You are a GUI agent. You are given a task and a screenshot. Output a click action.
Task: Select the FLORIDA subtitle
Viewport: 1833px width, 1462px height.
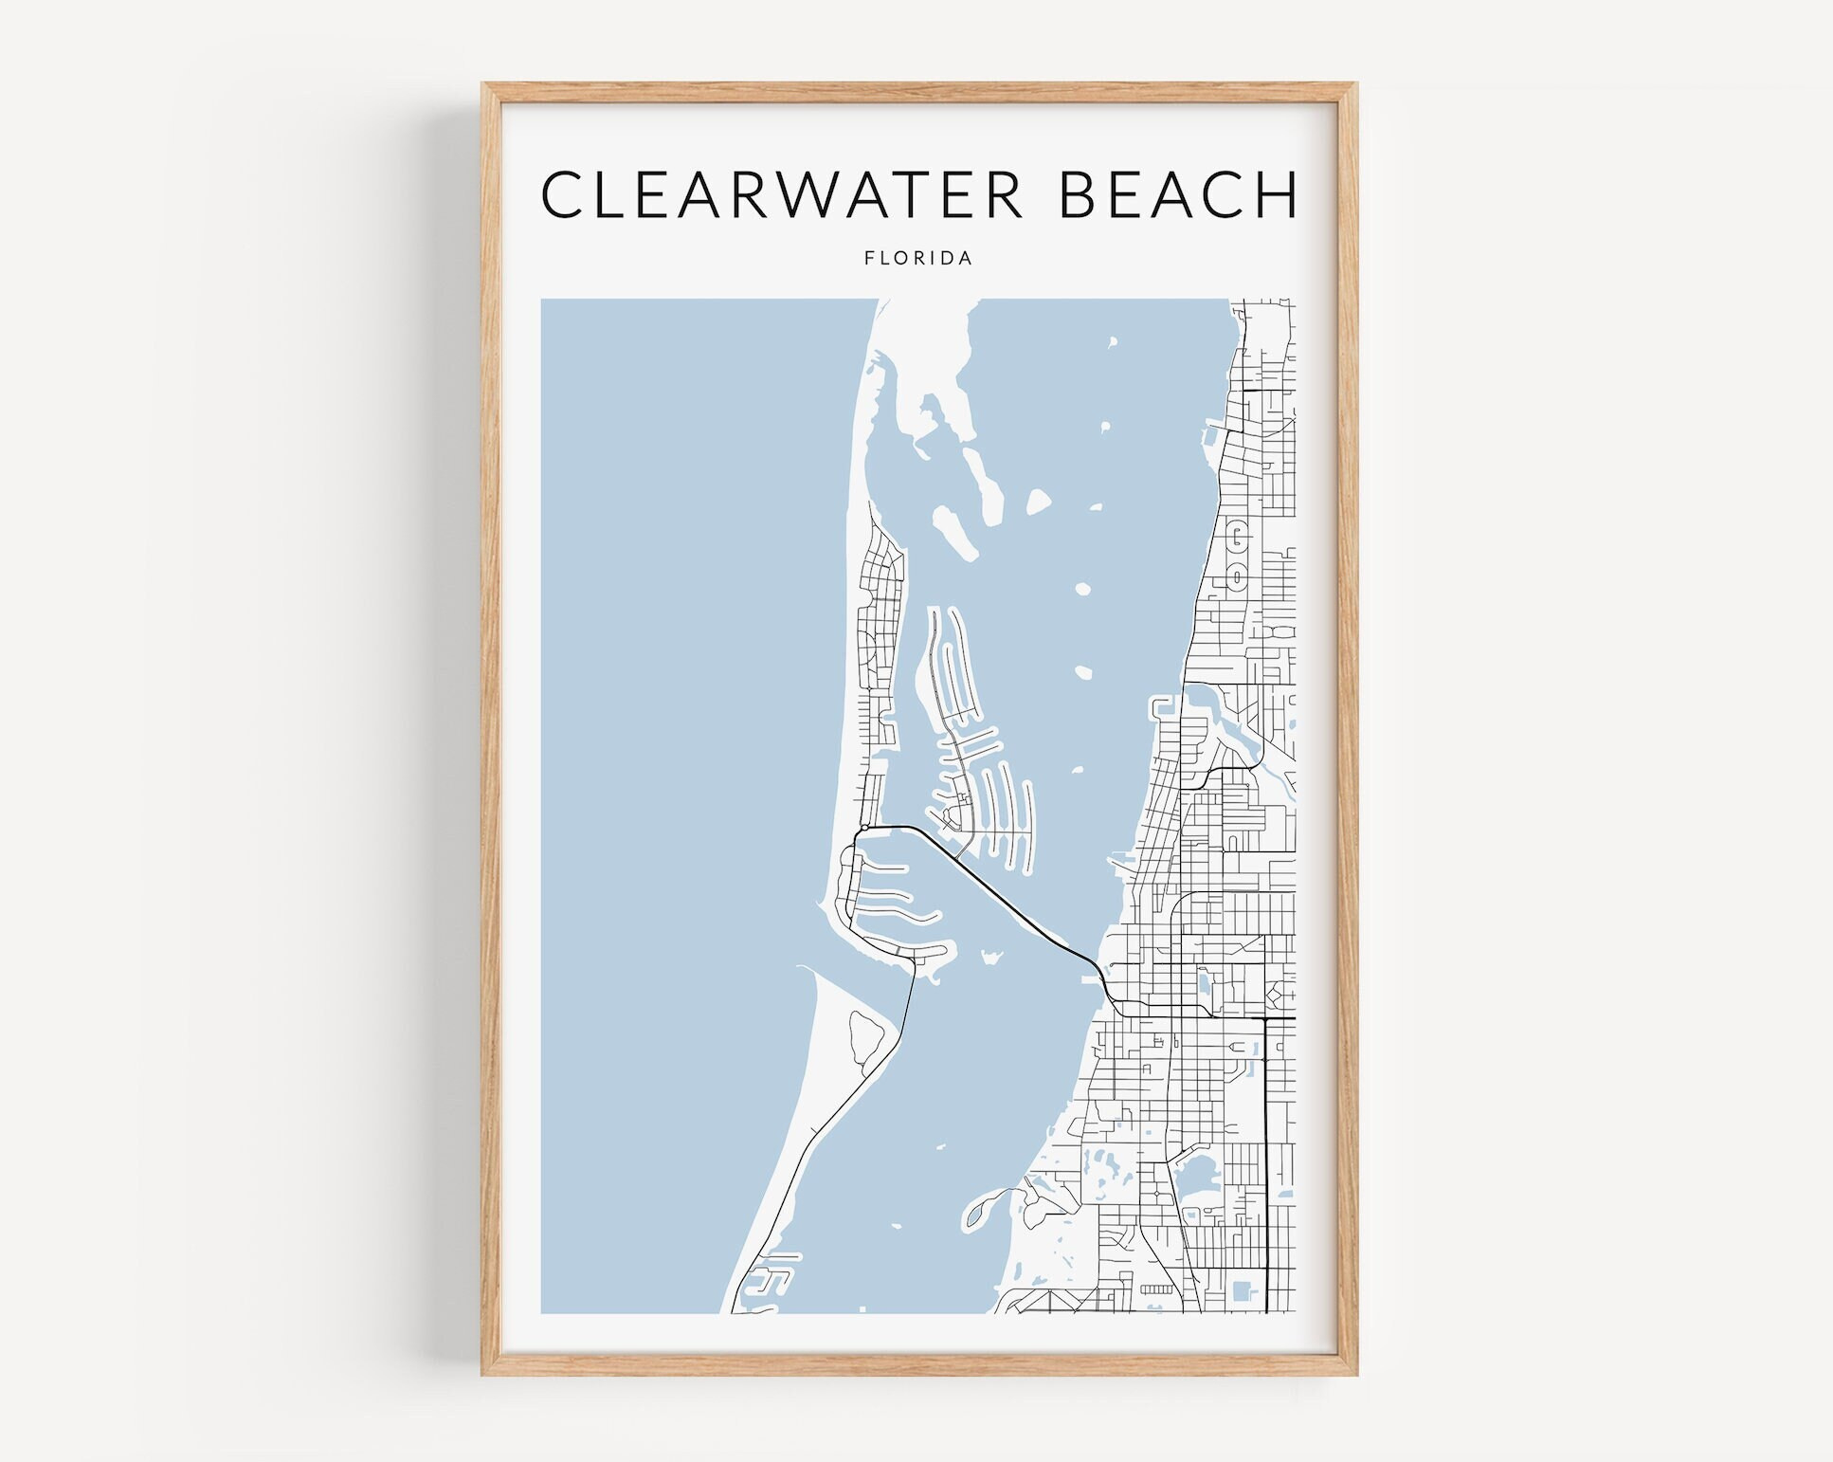918,258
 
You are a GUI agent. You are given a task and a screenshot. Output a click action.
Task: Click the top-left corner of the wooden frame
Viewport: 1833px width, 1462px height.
485,86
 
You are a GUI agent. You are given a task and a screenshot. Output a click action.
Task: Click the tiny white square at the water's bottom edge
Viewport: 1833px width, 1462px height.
862,1309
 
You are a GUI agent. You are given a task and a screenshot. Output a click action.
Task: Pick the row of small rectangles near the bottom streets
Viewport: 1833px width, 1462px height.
1156,1289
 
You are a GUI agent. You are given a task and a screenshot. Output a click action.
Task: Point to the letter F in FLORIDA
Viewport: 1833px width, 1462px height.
868,258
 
